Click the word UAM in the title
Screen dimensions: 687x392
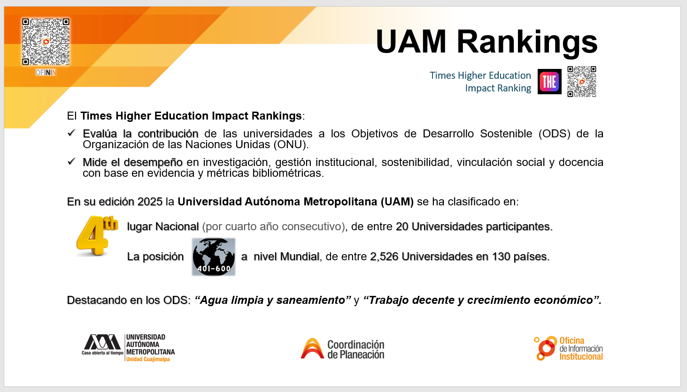(x=411, y=41)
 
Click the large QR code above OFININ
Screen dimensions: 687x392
(x=46, y=42)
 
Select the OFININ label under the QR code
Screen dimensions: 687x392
(x=46, y=73)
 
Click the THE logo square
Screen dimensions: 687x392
(x=549, y=82)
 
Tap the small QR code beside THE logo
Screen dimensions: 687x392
(x=581, y=82)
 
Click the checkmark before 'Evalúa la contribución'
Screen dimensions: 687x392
(x=71, y=133)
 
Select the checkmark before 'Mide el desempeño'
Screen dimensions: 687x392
(x=71, y=161)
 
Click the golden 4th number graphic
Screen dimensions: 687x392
(x=97, y=235)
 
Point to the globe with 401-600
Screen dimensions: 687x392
(x=214, y=256)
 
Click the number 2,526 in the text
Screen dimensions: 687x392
(x=384, y=256)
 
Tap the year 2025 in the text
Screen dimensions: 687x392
(x=150, y=202)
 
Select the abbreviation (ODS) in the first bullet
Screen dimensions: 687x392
(x=555, y=134)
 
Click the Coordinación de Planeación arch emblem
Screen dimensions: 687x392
(x=312, y=348)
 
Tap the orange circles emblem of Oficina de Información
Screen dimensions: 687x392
(x=545, y=348)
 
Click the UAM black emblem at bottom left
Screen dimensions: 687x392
(x=102, y=342)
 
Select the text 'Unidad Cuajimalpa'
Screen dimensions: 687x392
(x=148, y=359)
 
